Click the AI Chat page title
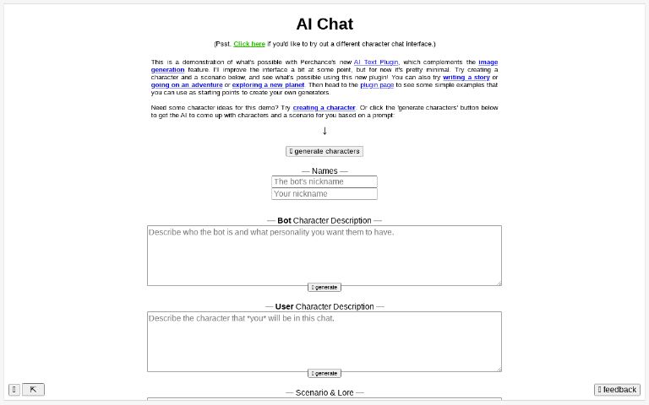coord(324,24)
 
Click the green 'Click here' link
coord(249,44)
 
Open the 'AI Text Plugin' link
coord(376,62)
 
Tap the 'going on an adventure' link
coord(187,84)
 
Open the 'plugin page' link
coord(376,84)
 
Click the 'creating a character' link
coord(324,107)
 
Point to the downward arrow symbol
coord(324,130)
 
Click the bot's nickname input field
coord(324,181)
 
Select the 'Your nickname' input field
coord(324,194)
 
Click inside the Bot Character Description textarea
coord(324,255)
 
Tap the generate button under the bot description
coord(324,287)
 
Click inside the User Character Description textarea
coord(324,341)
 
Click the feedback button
coord(617,390)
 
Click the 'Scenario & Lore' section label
coord(324,392)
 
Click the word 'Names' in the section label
coord(324,171)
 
